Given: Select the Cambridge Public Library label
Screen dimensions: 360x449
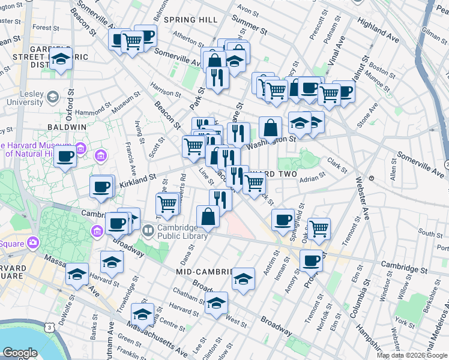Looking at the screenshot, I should [183, 232].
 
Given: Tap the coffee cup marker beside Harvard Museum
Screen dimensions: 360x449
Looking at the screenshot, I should [65, 157].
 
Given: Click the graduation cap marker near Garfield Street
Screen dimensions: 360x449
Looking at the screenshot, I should [61, 59].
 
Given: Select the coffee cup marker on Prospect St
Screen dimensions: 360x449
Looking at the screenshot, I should [311, 260].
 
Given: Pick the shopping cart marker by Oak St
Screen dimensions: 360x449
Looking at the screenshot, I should [319, 228].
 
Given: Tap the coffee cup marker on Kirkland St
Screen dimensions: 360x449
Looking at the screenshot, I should [101, 187].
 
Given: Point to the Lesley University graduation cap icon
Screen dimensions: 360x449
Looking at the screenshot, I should [53, 96].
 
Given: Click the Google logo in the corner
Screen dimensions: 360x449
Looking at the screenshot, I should [20, 353].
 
